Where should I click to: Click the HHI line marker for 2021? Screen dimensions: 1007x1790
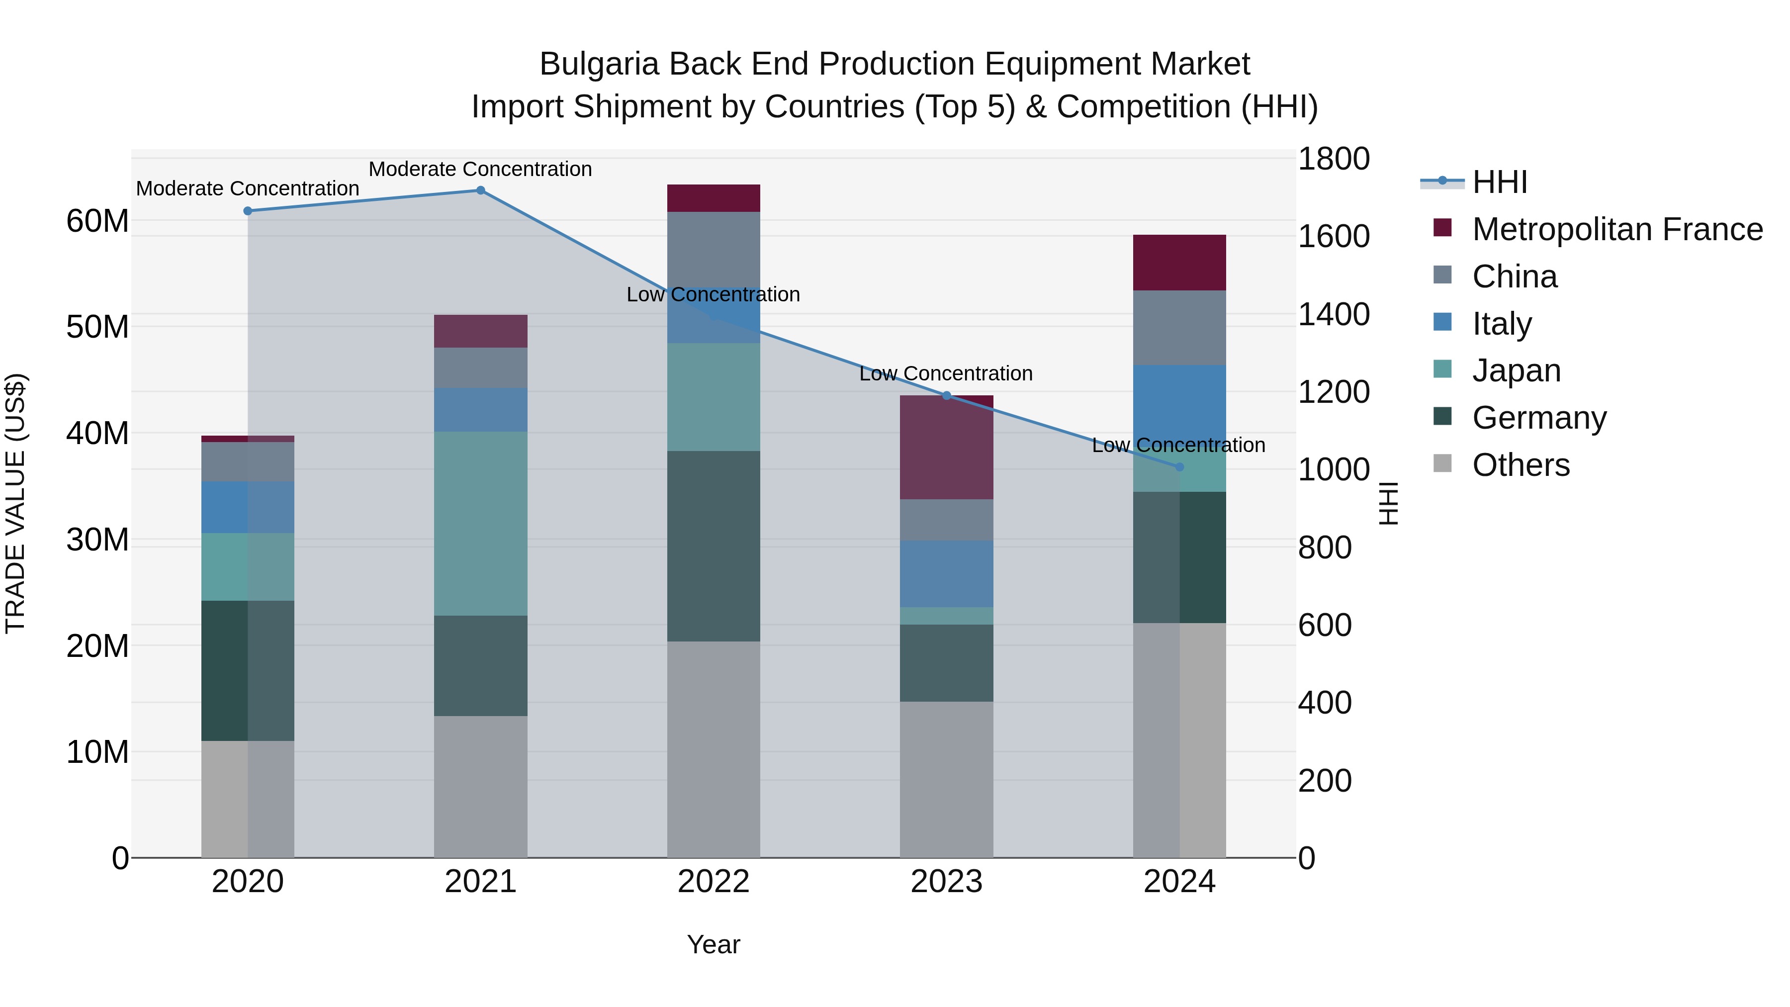[x=480, y=190]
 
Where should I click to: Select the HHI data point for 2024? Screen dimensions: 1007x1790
[x=1179, y=467]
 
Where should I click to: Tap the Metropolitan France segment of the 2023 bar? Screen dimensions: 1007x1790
[x=946, y=448]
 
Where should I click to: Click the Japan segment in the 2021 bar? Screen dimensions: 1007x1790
[x=480, y=523]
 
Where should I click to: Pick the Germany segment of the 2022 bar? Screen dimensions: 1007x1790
[x=713, y=546]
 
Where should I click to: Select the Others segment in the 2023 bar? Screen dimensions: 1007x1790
[x=946, y=779]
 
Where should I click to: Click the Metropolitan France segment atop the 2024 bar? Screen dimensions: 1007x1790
[x=1179, y=263]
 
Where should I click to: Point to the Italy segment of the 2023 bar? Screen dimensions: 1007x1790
[x=946, y=574]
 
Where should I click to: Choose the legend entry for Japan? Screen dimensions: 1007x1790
[x=1516, y=370]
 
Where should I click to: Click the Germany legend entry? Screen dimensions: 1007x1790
[x=1538, y=418]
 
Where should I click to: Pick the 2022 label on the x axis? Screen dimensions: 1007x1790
[x=713, y=882]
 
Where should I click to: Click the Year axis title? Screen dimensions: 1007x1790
[x=713, y=944]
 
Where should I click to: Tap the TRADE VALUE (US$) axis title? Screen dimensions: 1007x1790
[x=15, y=503]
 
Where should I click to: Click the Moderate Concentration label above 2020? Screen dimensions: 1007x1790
[x=248, y=188]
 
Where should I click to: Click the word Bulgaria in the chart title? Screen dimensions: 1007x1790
[x=598, y=64]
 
